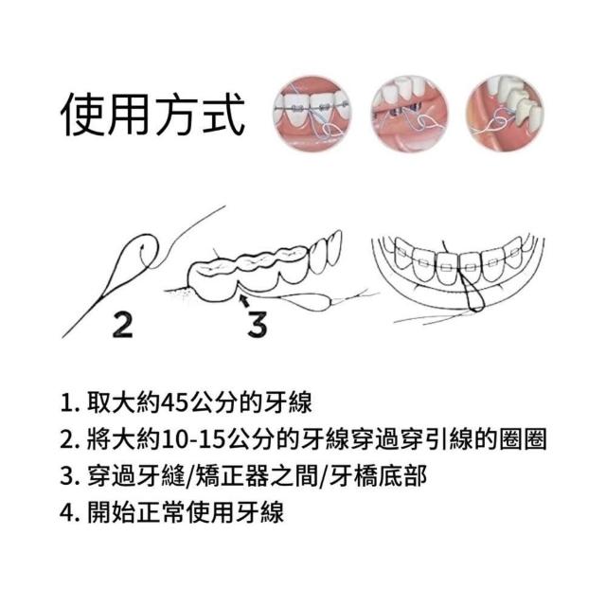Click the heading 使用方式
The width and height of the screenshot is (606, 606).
click(153, 115)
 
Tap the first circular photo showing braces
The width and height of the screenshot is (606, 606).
click(312, 112)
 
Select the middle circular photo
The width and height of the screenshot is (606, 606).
click(409, 112)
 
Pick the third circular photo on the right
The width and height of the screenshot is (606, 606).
click(506, 112)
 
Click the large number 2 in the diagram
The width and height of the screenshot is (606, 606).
click(122, 325)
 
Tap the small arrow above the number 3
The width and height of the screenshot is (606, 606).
click(244, 300)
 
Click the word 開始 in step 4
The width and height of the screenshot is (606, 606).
click(111, 512)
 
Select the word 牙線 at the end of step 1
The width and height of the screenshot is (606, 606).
click(288, 403)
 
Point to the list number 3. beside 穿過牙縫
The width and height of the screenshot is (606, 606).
click(69, 476)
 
